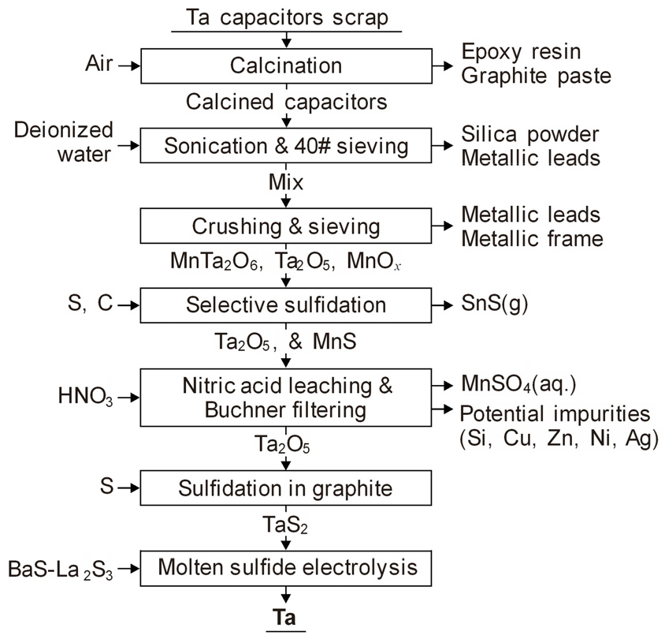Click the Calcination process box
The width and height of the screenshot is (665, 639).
pos(286,66)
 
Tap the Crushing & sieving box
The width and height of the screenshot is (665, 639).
pos(286,226)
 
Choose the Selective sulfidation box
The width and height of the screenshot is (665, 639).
pos(286,305)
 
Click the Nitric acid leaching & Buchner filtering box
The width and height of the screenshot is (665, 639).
pos(286,398)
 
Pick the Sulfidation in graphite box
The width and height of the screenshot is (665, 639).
pos(286,488)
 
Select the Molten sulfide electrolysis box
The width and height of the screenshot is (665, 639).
pos(286,566)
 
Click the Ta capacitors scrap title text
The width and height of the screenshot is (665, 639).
pos(286,17)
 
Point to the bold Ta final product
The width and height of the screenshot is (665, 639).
pos(285,619)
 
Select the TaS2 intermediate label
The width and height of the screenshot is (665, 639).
pos(285,526)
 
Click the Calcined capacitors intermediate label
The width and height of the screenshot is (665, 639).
pos(286,102)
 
